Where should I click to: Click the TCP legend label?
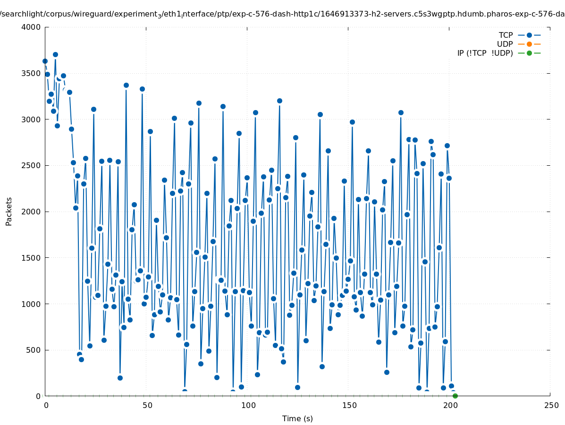point(506,35)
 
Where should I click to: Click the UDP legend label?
point(505,44)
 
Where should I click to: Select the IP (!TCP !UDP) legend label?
point(485,53)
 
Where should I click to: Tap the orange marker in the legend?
point(529,44)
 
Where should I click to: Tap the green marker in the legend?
point(529,53)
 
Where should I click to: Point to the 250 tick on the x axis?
point(550,406)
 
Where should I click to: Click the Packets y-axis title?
point(9,212)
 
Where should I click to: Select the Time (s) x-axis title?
point(297,419)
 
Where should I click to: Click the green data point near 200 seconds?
point(455,396)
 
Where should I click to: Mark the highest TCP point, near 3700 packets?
point(55,54)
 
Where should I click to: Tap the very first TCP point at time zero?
point(45,61)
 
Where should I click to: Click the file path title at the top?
point(282,14)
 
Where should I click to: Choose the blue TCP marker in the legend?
point(529,35)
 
